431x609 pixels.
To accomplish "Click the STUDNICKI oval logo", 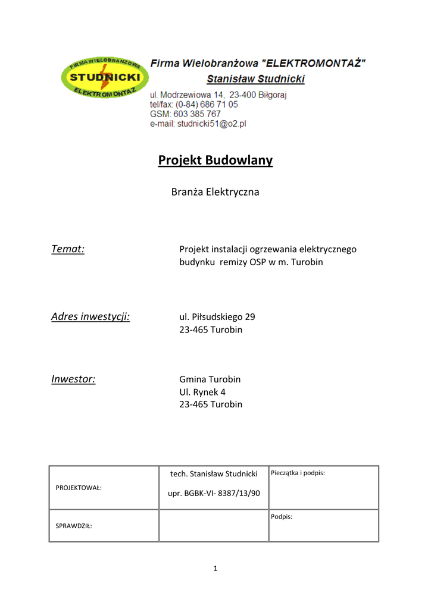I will coord(105,79).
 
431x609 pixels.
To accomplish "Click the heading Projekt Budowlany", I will coord(215,161).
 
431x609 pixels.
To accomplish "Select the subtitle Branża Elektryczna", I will coord(215,192).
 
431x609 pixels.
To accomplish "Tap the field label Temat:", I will coord(68,249).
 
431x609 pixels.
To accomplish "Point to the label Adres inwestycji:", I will coord(90,316).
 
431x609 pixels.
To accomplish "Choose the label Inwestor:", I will coord(73,379).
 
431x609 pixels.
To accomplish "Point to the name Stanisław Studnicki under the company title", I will coord(255,79).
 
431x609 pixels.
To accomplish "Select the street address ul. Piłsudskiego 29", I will coord(217,316).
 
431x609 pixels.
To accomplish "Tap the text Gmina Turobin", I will coord(210,379).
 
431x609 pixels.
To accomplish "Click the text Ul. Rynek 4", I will coord(202,392).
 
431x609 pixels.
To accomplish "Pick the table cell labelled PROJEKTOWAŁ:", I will coord(79,488).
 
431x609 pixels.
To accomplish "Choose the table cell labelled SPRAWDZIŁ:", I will coord(74,526).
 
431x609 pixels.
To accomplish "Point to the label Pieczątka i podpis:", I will coord(298,473).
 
